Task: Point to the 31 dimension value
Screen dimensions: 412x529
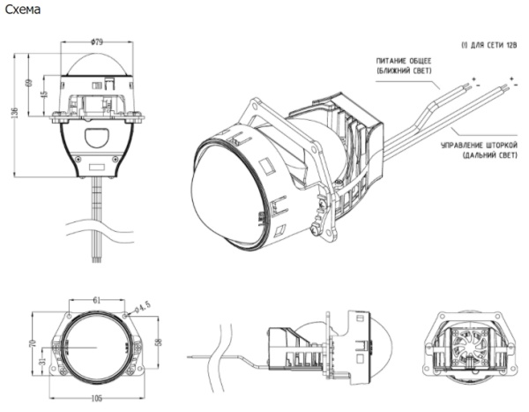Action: point(41,362)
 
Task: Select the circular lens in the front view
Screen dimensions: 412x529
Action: point(94,346)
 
